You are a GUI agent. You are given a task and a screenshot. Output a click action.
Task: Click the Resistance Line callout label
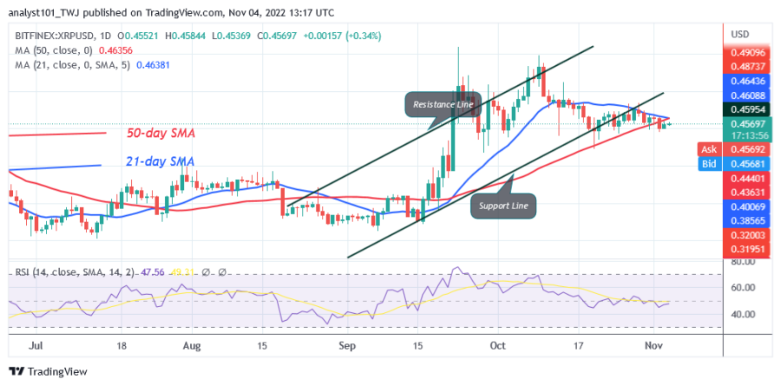(x=443, y=105)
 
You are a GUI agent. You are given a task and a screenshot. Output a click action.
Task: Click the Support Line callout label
(x=505, y=206)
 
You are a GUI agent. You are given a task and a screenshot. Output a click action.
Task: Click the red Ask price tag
(x=707, y=149)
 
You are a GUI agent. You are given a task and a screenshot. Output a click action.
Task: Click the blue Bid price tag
(x=707, y=162)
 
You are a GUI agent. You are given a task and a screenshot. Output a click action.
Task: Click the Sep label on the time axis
(x=347, y=344)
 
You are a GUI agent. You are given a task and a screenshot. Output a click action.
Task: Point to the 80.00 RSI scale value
(x=743, y=261)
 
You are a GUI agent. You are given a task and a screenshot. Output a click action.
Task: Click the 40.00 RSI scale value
(x=743, y=314)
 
